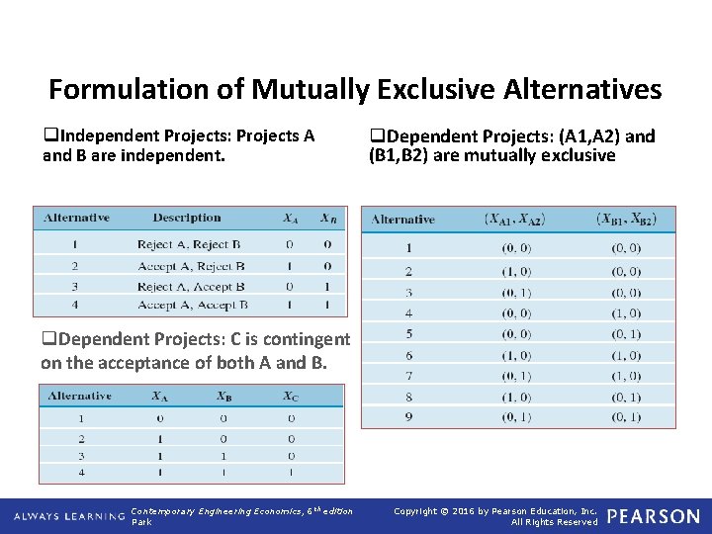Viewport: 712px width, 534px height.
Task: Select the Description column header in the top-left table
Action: (187, 218)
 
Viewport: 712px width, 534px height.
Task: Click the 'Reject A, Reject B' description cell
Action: (189, 244)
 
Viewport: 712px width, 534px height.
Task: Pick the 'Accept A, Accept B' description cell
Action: (192, 306)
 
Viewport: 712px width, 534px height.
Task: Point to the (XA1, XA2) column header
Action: (513, 220)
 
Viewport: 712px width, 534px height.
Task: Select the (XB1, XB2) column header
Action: (626, 220)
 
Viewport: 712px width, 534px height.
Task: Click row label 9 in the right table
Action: (408, 417)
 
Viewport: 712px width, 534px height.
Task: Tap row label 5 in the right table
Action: (408, 334)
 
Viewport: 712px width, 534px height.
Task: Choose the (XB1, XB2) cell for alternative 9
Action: (626, 417)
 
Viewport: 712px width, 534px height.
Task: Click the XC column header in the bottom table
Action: (289, 396)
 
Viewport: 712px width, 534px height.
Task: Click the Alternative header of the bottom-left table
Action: (80, 396)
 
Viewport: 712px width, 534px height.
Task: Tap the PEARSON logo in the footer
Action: (653, 516)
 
